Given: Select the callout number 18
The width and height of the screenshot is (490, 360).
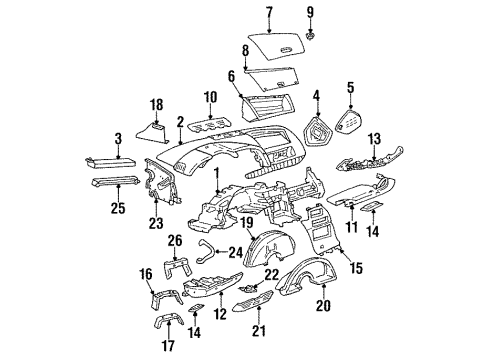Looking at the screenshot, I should coord(155,103).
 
